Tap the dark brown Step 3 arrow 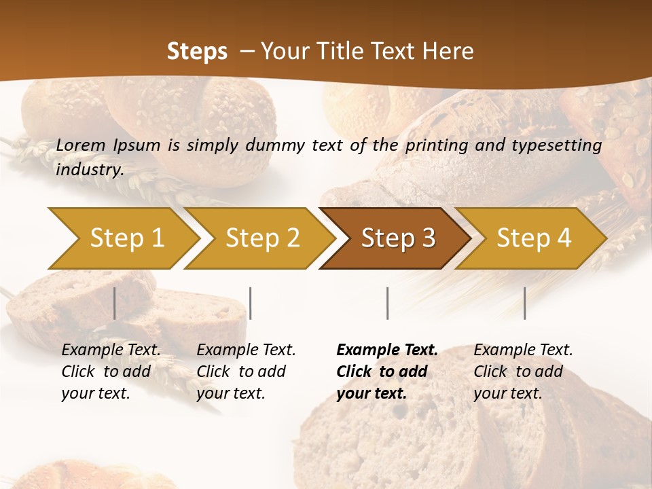coord(397,238)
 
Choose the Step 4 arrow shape coord(534,238)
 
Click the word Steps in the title coord(197,51)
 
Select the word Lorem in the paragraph coord(81,145)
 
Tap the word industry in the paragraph coord(89,169)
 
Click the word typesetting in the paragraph coord(560,145)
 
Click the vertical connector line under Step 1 coord(114,303)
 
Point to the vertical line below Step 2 coord(251,303)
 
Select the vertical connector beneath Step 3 coord(387,303)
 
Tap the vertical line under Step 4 coord(524,303)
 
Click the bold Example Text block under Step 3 coord(386,372)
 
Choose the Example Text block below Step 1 coord(111,372)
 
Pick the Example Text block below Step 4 coord(523,372)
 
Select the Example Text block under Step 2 coord(246,372)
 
